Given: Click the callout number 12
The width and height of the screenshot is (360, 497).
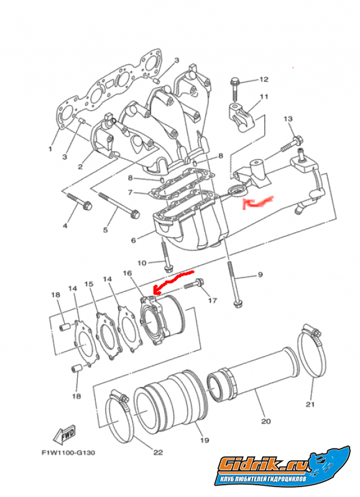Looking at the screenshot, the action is tap(264, 80).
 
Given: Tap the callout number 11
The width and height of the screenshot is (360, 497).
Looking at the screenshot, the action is tap(264, 96).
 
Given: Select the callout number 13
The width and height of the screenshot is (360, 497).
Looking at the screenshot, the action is tap(288, 119).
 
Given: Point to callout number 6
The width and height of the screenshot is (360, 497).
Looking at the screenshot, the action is tap(133, 240).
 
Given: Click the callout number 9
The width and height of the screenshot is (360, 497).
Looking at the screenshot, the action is tap(260, 275).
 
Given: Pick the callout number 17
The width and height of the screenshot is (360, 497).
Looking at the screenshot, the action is tap(212, 300).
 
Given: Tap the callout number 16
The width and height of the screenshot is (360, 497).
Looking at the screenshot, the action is tap(127, 273).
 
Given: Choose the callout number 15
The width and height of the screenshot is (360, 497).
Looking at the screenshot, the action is tap(89, 284).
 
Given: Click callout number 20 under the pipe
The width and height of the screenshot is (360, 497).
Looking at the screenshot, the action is tap(265, 421).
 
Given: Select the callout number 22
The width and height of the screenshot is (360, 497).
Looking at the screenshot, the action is tap(158, 452).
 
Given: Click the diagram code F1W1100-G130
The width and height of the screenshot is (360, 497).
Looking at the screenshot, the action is tap(68, 453).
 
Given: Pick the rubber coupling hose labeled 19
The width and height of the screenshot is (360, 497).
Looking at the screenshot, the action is tap(171, 397).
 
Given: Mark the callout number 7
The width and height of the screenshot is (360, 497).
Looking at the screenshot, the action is tap(130, 193).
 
